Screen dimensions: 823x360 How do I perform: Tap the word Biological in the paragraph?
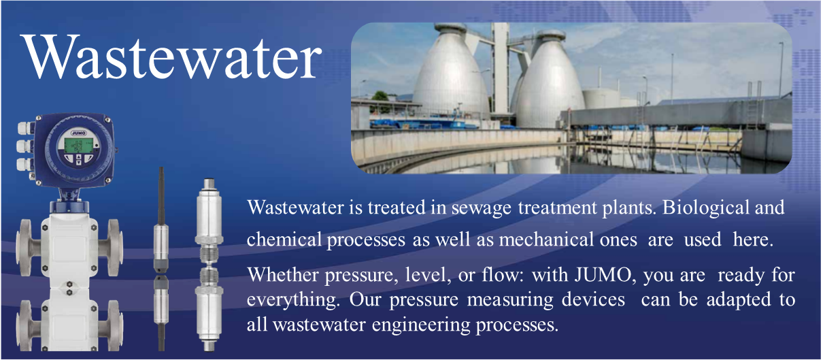(x=705, y=208)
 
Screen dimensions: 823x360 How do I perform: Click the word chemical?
(x=284, y=240)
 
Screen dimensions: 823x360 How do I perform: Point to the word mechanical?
(x=546, y=240)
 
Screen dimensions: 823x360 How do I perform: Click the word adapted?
(x=739, y=300)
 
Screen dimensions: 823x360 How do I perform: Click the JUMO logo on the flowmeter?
(x=78, y=133)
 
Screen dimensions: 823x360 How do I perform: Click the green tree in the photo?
(x=380, y=97)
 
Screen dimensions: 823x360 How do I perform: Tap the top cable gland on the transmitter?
(x=25, y=128)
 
